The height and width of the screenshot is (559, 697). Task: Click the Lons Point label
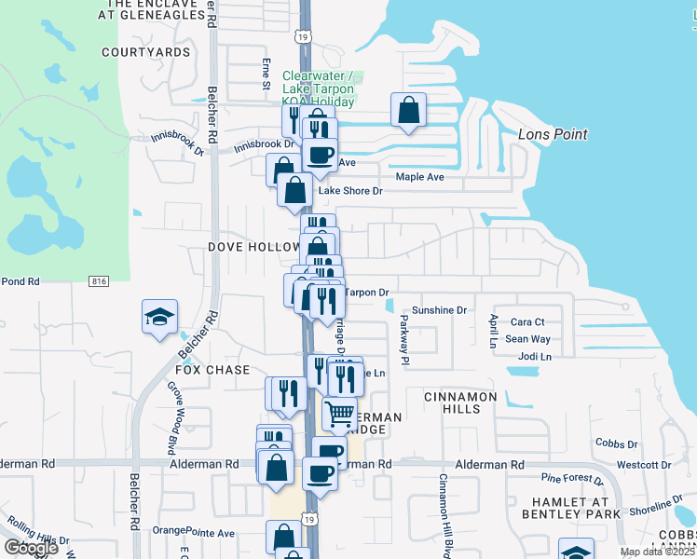553,134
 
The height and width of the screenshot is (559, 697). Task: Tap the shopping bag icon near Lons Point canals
408,111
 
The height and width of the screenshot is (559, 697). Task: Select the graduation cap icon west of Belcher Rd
159,316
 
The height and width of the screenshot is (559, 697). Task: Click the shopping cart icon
340,412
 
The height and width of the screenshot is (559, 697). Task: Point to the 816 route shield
99,281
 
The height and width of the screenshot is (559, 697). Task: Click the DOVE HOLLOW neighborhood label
245,247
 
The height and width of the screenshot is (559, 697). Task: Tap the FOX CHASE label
213,370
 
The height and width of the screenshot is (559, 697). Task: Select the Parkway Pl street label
404,337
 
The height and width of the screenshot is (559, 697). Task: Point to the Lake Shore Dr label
350,191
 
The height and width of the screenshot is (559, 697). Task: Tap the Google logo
30,547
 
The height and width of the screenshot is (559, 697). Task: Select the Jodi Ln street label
534,356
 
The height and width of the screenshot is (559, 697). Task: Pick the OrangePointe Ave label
194,533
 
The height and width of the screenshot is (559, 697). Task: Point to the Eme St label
266,75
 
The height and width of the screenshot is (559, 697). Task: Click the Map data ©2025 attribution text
657,552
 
